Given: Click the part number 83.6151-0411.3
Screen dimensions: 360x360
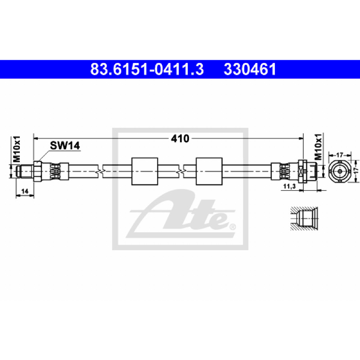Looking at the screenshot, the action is (147, 69).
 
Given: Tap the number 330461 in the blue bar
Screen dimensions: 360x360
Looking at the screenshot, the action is (250, 69).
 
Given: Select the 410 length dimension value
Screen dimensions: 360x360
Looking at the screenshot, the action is (180, 139).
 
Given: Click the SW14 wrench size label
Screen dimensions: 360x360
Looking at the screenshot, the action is (65, 145).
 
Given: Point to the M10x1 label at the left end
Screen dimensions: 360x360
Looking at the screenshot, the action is (17, 149).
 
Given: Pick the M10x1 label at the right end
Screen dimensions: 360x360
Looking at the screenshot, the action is (318, 147).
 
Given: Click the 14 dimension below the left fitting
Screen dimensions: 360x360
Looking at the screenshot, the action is (25, 191).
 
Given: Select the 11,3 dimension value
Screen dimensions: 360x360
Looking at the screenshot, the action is (289, 186).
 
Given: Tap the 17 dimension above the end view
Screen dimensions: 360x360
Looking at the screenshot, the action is (339, 155).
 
